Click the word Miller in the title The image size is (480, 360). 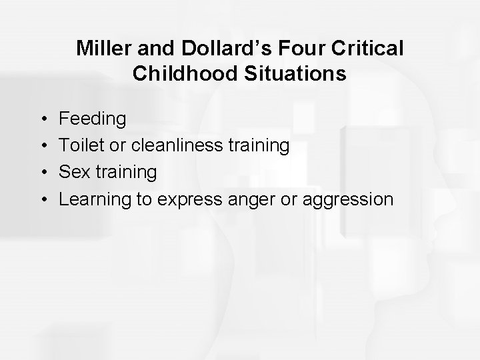point(99,49)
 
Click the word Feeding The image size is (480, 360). point(93,119)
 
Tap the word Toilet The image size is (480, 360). point(79,146)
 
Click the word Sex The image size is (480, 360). point(74,173)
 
